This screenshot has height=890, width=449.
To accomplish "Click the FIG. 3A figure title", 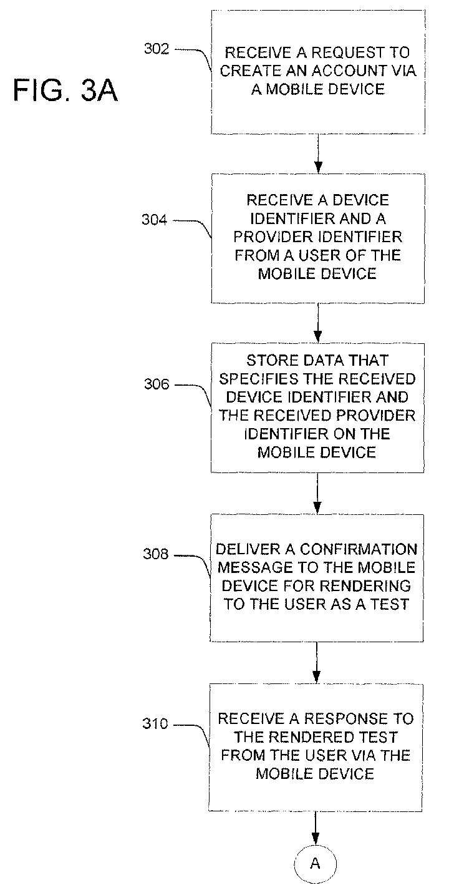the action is click(x=65, y=90).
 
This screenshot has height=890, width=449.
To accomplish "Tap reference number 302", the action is click(x=157, y=49).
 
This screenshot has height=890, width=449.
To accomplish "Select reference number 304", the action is click(x=155, y=220).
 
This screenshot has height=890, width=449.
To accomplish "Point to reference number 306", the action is click(x=157, y=384).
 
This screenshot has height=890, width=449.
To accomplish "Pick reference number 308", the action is click(x=156, y=554).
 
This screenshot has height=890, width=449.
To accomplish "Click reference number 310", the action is click(x=155, y=723).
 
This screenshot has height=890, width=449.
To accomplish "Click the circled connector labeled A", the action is click(x=315, y=863).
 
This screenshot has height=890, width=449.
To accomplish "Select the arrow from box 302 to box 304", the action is click(x=318, y=154).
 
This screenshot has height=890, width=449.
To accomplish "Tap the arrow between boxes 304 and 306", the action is click(x=317, y=323).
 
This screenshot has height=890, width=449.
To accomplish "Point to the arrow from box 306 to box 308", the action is click(x=317, y=494).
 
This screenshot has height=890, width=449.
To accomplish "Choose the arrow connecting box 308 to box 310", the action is click(x=316, y=663).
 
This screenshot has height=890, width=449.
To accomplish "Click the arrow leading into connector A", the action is click(x=316, y=828).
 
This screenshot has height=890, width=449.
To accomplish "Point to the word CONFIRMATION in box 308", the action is click(x=359, y=549).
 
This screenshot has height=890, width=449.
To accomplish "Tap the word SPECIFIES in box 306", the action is click(x=258, y=379).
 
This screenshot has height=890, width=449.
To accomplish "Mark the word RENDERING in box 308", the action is click(x=365, y=585).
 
